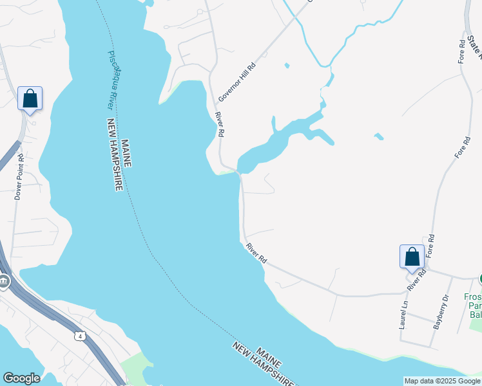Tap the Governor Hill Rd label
236,82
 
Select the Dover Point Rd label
19,176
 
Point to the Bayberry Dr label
441,312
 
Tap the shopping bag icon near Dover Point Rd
30,99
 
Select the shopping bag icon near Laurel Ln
412,257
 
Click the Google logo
21,378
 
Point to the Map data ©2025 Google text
442,381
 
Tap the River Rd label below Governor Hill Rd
220,124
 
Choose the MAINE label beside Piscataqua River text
126,153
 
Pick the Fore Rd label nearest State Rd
461,52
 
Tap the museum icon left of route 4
4,281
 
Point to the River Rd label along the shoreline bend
256,252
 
